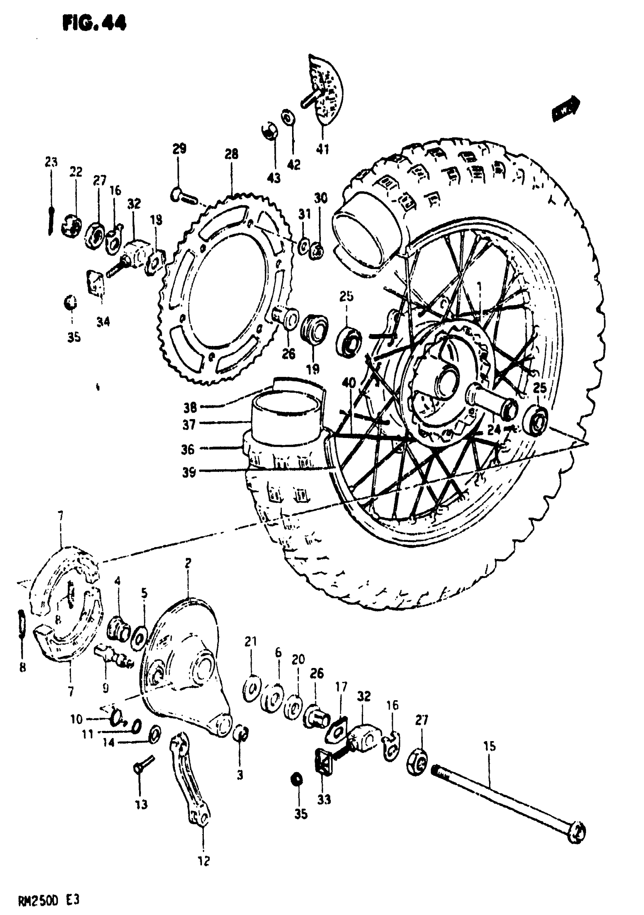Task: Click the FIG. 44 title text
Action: [x=94, y=23]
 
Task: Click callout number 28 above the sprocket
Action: [x=231, y=154]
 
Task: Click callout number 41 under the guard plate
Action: [x=322, y=149]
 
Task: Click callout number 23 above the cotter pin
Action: [x=51, y=162]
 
